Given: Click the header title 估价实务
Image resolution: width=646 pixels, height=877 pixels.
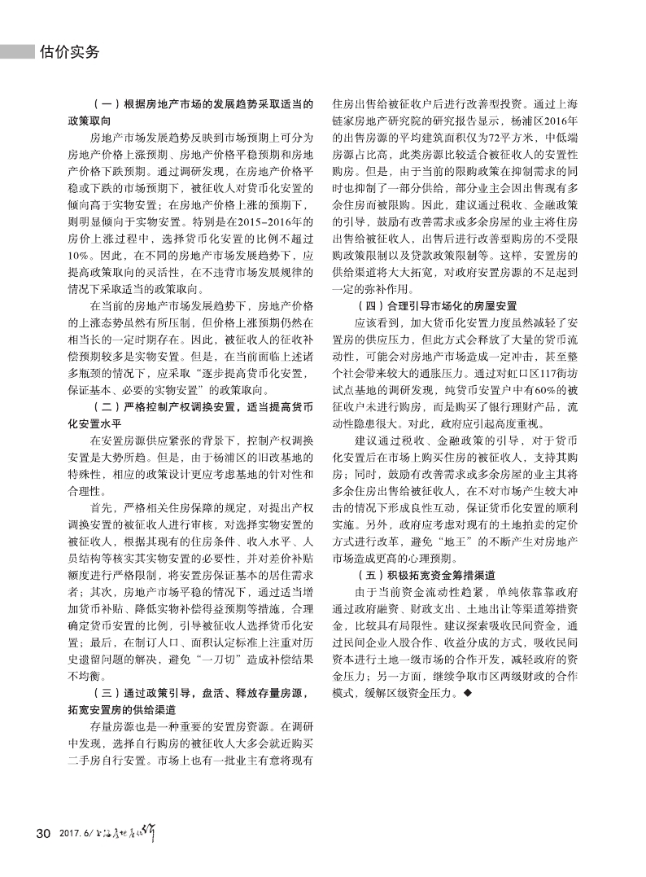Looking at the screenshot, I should click(69, 52).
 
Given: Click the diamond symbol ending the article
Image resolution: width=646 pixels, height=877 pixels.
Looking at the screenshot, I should click(467, 695).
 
